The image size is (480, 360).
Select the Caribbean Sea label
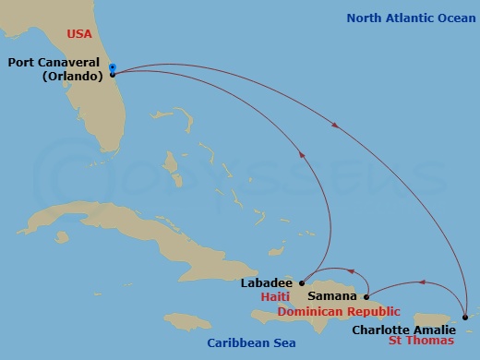(x=251, y=343)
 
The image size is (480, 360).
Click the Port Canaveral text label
(x=54, y=63)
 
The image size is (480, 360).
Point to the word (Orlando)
(x=71, y=76)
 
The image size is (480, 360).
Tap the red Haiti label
(x=276, y=297)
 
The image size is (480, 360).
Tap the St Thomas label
(x=420, y=341)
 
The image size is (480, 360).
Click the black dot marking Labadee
(x=302, y=282)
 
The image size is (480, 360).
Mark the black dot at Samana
(x=366, y=296)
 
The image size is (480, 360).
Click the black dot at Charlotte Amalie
(x=465, y=317)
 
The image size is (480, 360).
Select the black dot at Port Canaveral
(x=112, y=75)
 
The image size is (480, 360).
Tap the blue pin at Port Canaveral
(x=112, y=66)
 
